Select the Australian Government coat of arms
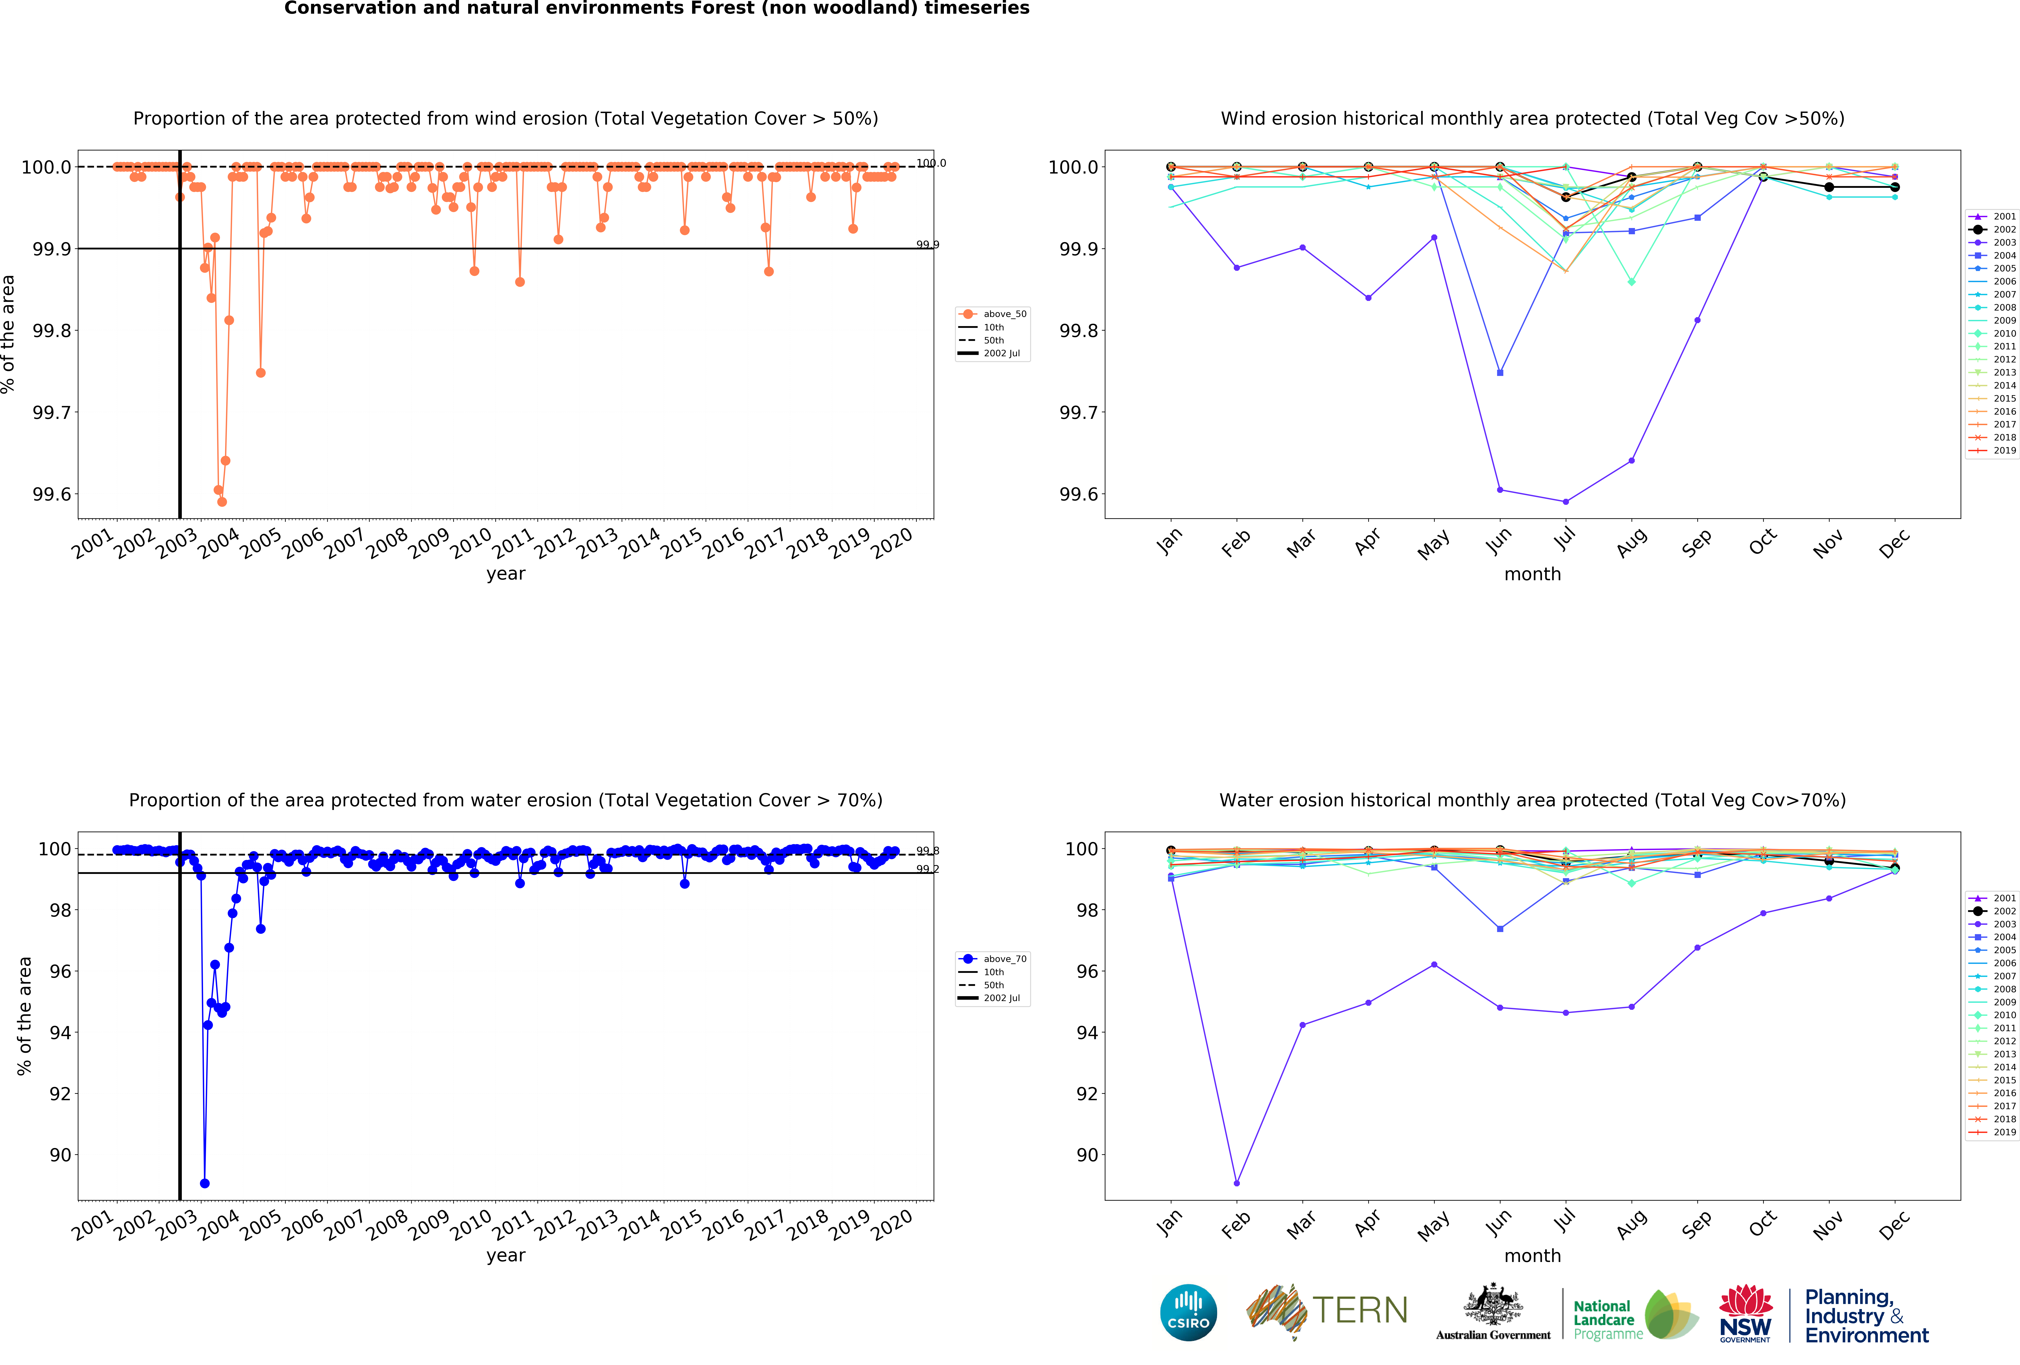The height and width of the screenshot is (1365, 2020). (1492, 1304)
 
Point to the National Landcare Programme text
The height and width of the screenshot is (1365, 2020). (1606, 1320)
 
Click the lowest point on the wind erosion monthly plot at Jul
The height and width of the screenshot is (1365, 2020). (1565, 502)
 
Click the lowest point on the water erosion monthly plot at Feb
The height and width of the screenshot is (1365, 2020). (1237, 1183)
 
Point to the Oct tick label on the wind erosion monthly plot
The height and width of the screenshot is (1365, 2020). (1763, 543)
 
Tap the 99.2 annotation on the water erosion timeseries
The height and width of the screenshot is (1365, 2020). (927, 869)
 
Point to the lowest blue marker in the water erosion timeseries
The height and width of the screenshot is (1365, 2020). (204, 1183)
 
